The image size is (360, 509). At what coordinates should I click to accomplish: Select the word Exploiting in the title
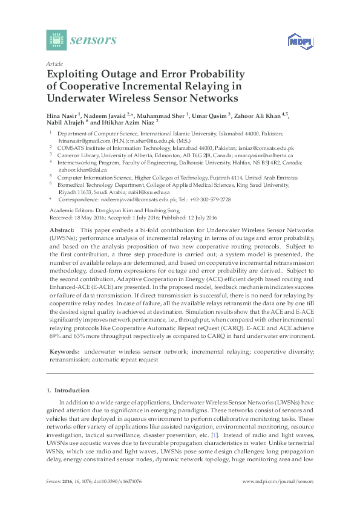pos(74,74)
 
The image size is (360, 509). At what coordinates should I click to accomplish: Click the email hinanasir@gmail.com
pos(82,138)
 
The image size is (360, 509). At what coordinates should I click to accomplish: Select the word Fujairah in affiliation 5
pos(220,178)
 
